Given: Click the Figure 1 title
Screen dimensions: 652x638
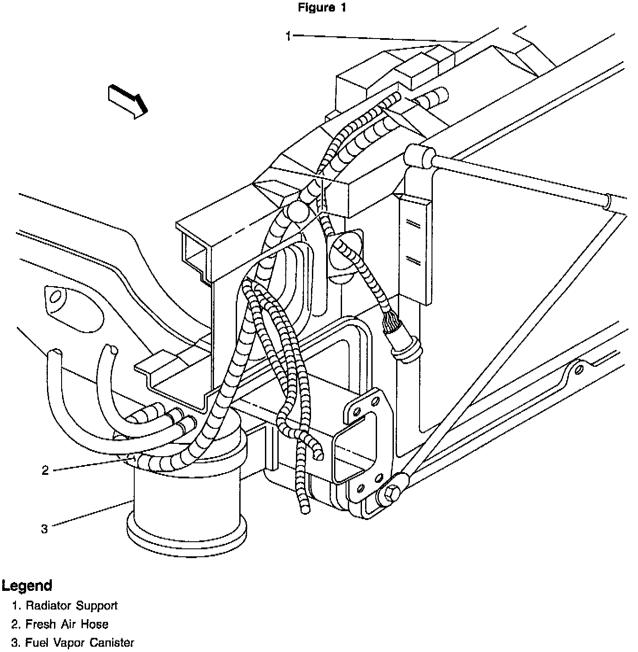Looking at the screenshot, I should pos(322,8).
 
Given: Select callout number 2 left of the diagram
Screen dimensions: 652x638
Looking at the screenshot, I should pos(45,470).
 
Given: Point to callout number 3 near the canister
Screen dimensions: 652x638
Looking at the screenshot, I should pos(44,528).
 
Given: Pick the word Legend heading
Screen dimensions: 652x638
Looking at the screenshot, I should pos(27,585).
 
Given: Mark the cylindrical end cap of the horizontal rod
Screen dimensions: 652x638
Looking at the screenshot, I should pos(419,156).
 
